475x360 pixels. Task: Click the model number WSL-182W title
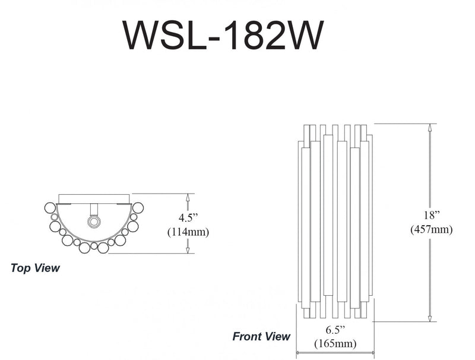click(x=223, y=36)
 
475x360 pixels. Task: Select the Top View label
click(x=36, y=268)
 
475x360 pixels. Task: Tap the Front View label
click(x=261, y=337)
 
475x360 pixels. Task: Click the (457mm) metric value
click(x=432, y=229)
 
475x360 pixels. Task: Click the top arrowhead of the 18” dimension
click(x=429, y=127)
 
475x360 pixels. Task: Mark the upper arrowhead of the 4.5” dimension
click(x=188, y=197)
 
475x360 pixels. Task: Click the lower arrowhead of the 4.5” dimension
click(x=188, y=250)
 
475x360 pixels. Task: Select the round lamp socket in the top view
click(x=93, y=222)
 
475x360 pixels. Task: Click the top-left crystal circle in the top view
click(x=50, y=207)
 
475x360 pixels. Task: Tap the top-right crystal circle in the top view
click(x=138, y=207)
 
